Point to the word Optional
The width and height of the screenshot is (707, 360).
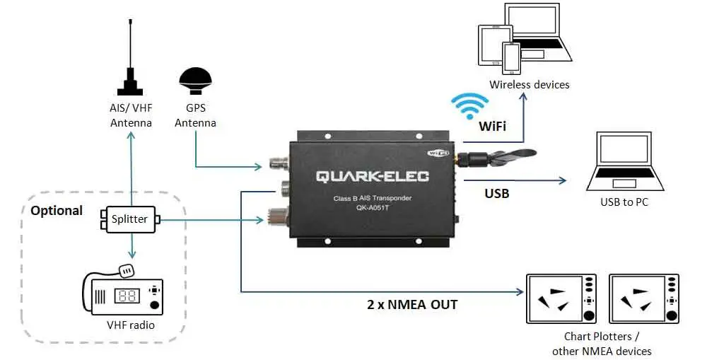(x=57, y=211)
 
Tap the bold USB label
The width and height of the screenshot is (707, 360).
(x=497, y=193)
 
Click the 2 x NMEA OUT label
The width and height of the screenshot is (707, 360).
(x=412, y=305)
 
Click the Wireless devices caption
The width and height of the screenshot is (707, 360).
(x=530, y=85)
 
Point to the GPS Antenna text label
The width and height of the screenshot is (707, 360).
(x=195, y=116)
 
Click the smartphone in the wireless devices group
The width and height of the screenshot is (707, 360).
(x=512, y=59)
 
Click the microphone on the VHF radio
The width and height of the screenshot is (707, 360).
(x=127, y=270)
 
